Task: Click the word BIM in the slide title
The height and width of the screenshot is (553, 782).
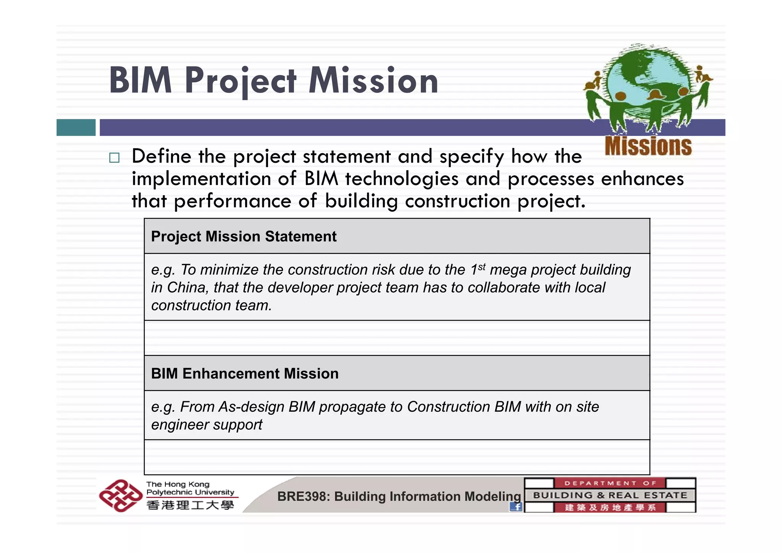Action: [141, 81]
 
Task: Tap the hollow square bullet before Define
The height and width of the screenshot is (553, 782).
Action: [114, 158]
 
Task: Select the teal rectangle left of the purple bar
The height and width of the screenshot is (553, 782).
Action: [76, 127]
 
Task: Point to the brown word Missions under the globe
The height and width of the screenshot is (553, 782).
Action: [648, 146]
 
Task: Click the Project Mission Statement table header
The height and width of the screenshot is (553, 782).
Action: [244, 237]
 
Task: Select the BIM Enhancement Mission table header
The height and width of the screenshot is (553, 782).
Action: [245, 373]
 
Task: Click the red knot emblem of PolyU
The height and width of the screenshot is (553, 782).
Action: [120, 495]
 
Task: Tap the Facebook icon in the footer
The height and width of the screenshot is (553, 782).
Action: [516, 507]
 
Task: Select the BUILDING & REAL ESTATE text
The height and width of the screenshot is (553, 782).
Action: [610, 495]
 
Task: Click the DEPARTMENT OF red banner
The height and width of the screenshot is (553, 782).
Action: [610, 483]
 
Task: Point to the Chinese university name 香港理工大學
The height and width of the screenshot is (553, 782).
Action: [190, 505]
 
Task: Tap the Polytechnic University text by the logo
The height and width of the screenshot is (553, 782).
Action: [190, 492]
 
